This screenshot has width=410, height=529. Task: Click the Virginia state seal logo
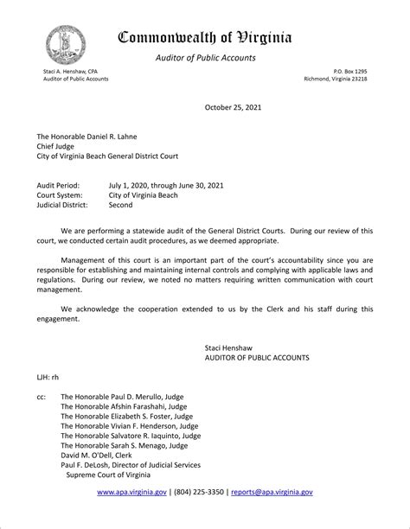click(x=66, y=42)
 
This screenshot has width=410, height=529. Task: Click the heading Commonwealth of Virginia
click(x=205, y=37)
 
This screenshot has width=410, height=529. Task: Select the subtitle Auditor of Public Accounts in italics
click(x=205, y=58)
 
